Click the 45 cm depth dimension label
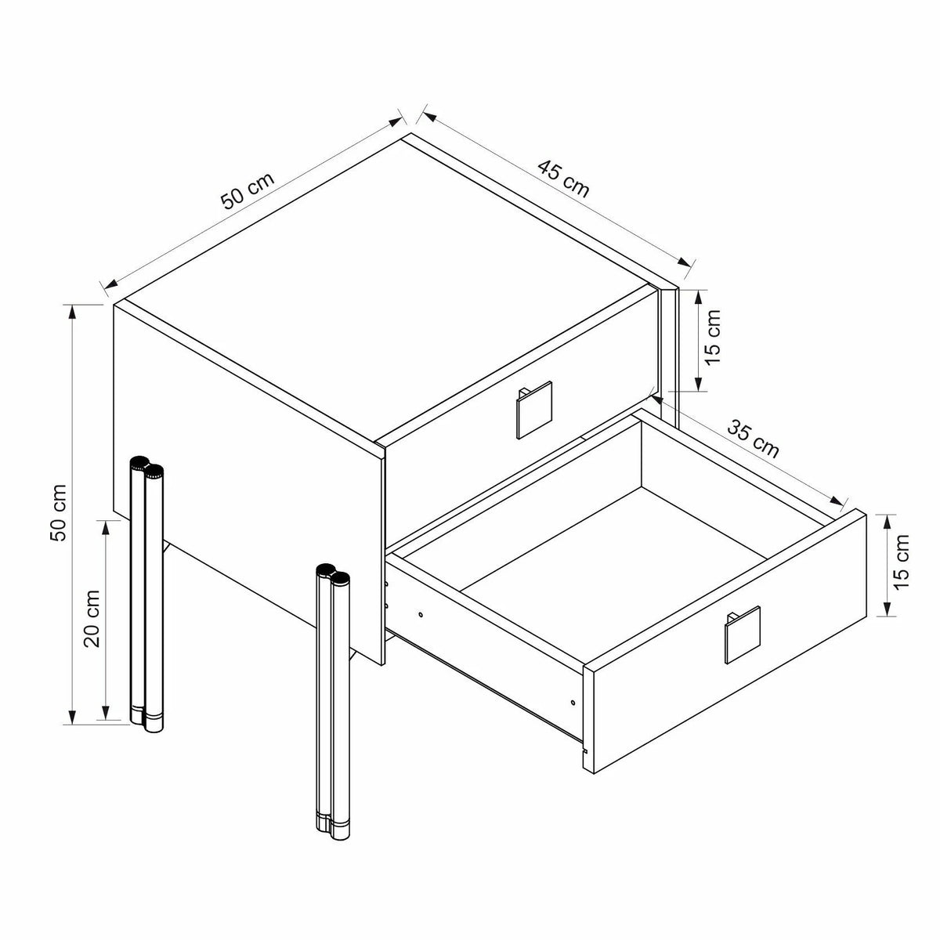pyautogui.click(x=563, y=179)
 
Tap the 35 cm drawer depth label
pyautogui.click(x=753, y=439)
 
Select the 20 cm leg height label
pyautogui.click(x=92, y=619)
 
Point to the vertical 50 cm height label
pyautogui.click(x=58, y=512)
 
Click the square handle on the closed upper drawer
pyautogui.click(x=534, y=410)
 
